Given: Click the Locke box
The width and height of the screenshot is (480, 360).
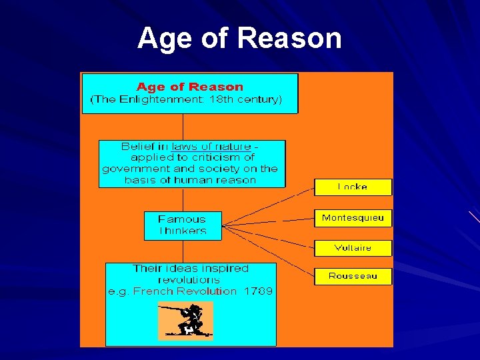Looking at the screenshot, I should tap(353, 187).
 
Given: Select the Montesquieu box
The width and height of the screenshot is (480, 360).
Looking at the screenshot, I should tap(353, 218).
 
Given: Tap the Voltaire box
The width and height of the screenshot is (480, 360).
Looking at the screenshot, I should tap(353, 248).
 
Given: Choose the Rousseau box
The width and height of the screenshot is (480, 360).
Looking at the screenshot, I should tap(353, 276).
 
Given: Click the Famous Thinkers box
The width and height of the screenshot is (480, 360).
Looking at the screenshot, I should tap(182, 225).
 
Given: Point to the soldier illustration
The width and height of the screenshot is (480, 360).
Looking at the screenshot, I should tap(185, 320).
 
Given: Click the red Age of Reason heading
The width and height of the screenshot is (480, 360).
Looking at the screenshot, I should tap(190, 87).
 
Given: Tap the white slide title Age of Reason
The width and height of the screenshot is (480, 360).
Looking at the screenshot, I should tap(239, 39).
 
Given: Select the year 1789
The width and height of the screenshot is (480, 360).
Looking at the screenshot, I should tap(258, 291).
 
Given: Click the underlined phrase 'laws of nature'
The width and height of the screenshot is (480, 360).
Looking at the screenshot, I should tap(211, 147).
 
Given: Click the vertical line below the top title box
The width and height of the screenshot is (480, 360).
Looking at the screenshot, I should tap(183, 127).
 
